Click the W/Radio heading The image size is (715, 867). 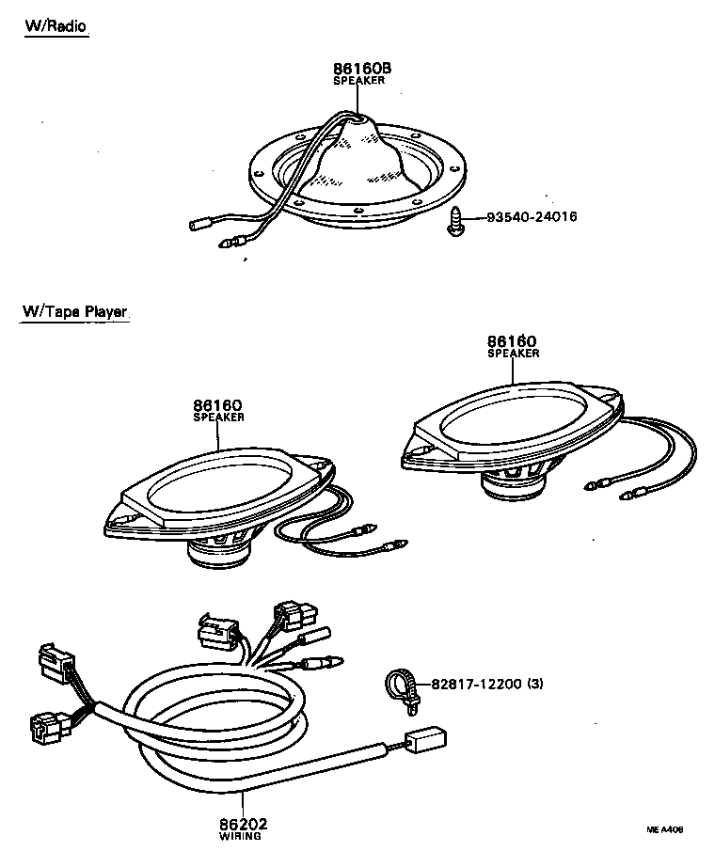(56, 26)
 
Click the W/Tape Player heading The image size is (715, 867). (74, 312)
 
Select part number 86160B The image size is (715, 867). (361, 70)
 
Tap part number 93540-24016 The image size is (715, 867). (532, 217)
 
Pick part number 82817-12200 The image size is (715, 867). (476, 683)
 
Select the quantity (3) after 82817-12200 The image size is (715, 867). (535, 683)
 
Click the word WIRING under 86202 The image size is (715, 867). (241, 835)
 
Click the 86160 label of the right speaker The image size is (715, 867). (513, 341)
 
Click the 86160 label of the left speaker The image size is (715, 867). (218, 406)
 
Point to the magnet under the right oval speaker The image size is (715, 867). (514, 485)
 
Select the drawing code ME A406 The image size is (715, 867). (664, 829)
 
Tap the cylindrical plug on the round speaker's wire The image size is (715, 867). (199, 226)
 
